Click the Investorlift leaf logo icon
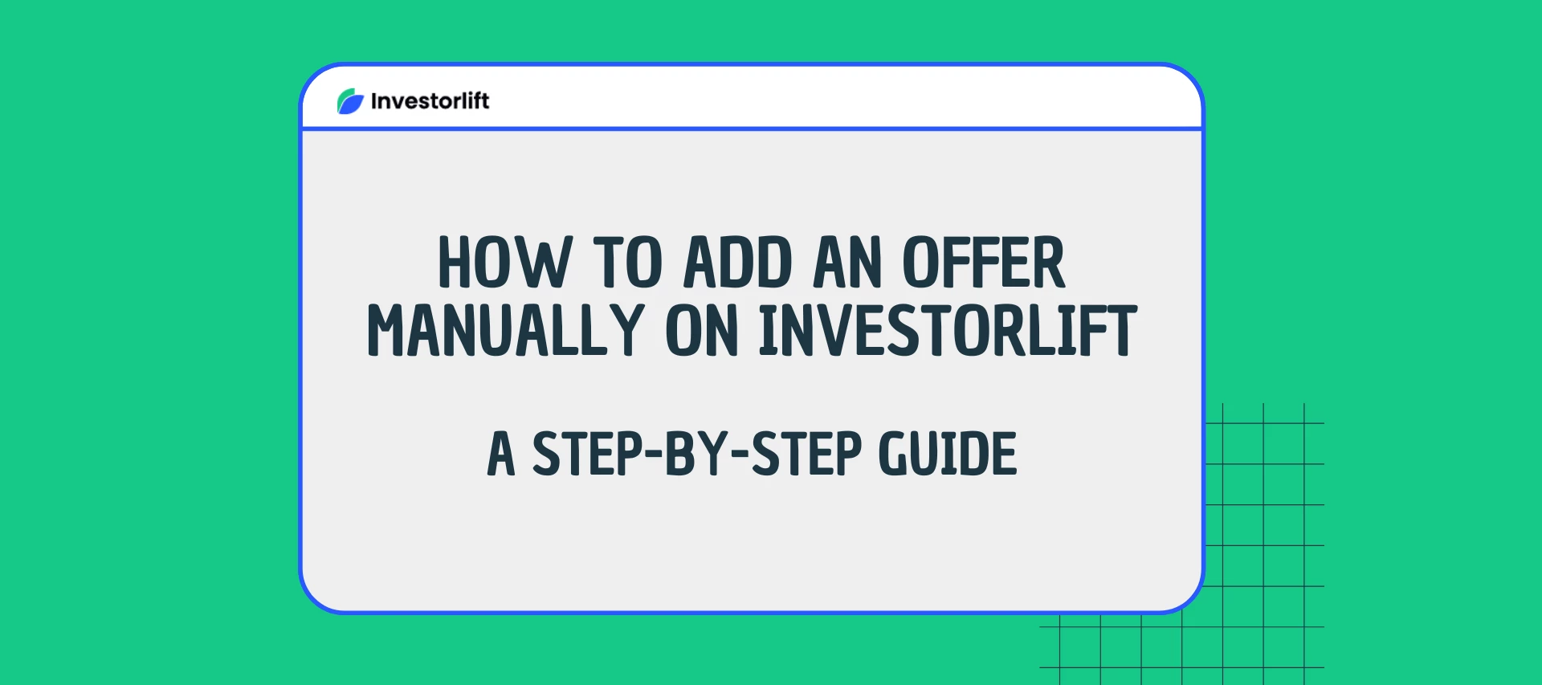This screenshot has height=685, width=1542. (350, 101)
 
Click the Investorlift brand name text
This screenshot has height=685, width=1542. (430, 101)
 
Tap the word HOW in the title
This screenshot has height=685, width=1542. (504, 263)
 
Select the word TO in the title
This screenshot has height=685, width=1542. (627, 263)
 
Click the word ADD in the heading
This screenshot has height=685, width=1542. (737, 263)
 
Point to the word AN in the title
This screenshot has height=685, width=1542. (847, 263)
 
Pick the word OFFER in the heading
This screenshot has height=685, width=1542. (983, 263)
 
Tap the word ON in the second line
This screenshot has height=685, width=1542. (701, 330)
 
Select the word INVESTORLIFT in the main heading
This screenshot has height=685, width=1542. (948, 330)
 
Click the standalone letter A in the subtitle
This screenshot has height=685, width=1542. (500, 455)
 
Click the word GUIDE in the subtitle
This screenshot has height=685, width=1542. (948, 455)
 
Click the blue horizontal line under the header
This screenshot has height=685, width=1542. (752, 128)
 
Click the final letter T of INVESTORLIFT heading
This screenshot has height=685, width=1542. (1120, 330)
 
